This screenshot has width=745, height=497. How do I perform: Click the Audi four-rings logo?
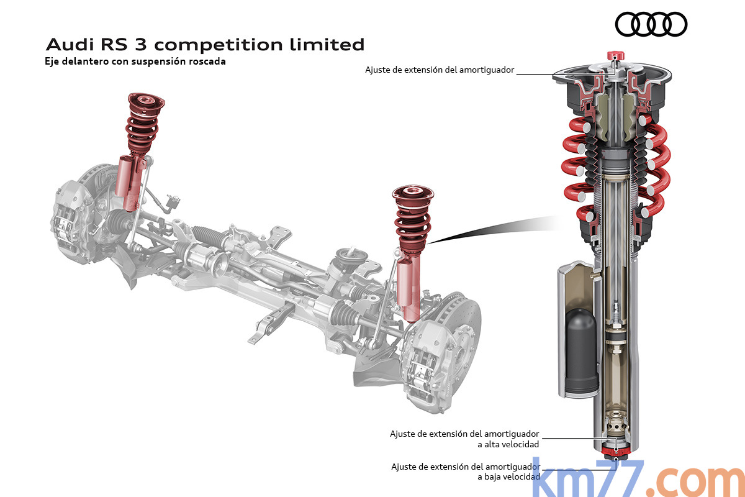[x=651, y=25]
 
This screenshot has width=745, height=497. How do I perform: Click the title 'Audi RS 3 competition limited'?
[x=205, y=45]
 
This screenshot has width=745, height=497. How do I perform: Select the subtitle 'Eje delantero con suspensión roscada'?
[x=135, y=62]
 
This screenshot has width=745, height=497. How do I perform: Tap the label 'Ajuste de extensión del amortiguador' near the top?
[x=440, y=70]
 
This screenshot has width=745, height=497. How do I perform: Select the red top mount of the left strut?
[x=147, y=104]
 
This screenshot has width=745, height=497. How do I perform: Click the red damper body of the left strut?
[x=130, y=183]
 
